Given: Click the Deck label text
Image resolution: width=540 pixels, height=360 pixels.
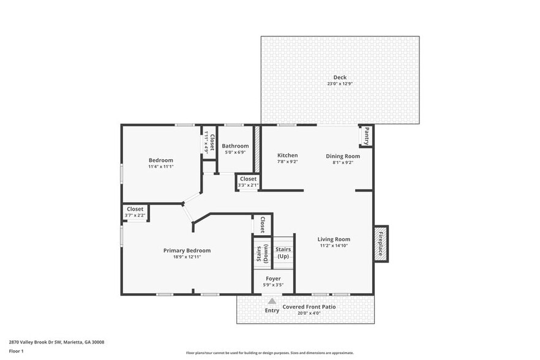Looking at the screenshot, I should click(x=340, y=77).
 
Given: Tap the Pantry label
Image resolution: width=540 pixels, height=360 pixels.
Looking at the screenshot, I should click(x=366, y=135).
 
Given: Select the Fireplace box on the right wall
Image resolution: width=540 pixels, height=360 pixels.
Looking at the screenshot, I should click(x=381, y=244).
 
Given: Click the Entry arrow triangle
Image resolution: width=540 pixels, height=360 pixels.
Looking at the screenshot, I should click(x=272, y=301).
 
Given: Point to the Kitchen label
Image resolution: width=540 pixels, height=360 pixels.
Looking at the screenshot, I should click(x=287, y=156).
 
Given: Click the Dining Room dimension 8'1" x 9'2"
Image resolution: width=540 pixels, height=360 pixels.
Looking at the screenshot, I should click(x=342, y=163).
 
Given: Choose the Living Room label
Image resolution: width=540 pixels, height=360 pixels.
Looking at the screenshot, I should click(x=333, y=239).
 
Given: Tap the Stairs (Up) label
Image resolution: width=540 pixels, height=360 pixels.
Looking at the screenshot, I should click(x=283, y=252).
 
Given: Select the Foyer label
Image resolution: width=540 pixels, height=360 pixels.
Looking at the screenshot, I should click(x=273, y=279).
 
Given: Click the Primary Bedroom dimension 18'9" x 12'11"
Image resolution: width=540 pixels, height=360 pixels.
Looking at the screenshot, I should click(x=187, y=257).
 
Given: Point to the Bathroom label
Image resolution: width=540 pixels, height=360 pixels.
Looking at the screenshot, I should click(x=235, y=146).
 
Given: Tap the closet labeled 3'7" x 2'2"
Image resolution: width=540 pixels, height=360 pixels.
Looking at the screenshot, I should click(x=135, y=212).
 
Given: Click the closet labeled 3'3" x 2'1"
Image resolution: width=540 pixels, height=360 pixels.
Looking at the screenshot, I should click(x=248, y=182).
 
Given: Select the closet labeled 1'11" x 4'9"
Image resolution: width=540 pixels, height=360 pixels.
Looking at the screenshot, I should click(x=209, y=143).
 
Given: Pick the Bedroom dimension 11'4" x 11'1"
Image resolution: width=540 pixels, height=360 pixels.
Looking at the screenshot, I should click(x=160, y=167).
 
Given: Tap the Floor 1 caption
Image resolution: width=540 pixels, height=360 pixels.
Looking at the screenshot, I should click(x=16, y=351).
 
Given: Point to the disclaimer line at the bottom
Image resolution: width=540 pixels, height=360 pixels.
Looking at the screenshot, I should click(x=269, y=353).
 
